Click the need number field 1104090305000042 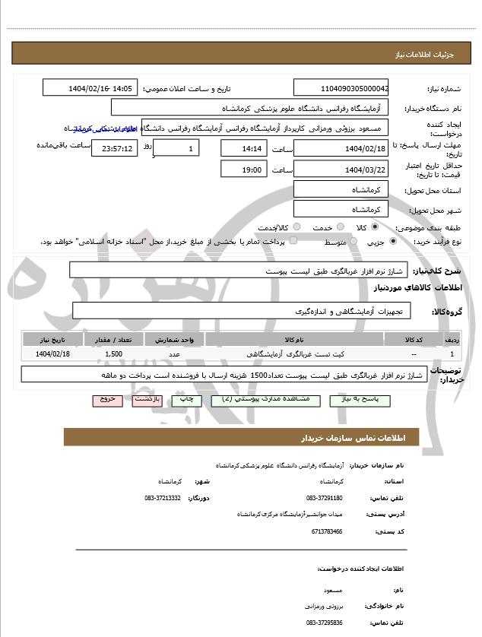click(341, 88)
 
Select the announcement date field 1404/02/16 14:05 click(90, 88)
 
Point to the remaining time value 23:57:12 click(116, 147)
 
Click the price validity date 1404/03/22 click(341, 169)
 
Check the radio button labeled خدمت click(338, 227)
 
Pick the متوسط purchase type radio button click(352, 242)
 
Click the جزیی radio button click(393, 242)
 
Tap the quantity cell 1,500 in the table click(113, 354)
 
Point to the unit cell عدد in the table click(174, 354)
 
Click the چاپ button click(186, 399)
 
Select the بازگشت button click(145, 399)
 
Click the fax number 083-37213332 click(162, 498)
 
